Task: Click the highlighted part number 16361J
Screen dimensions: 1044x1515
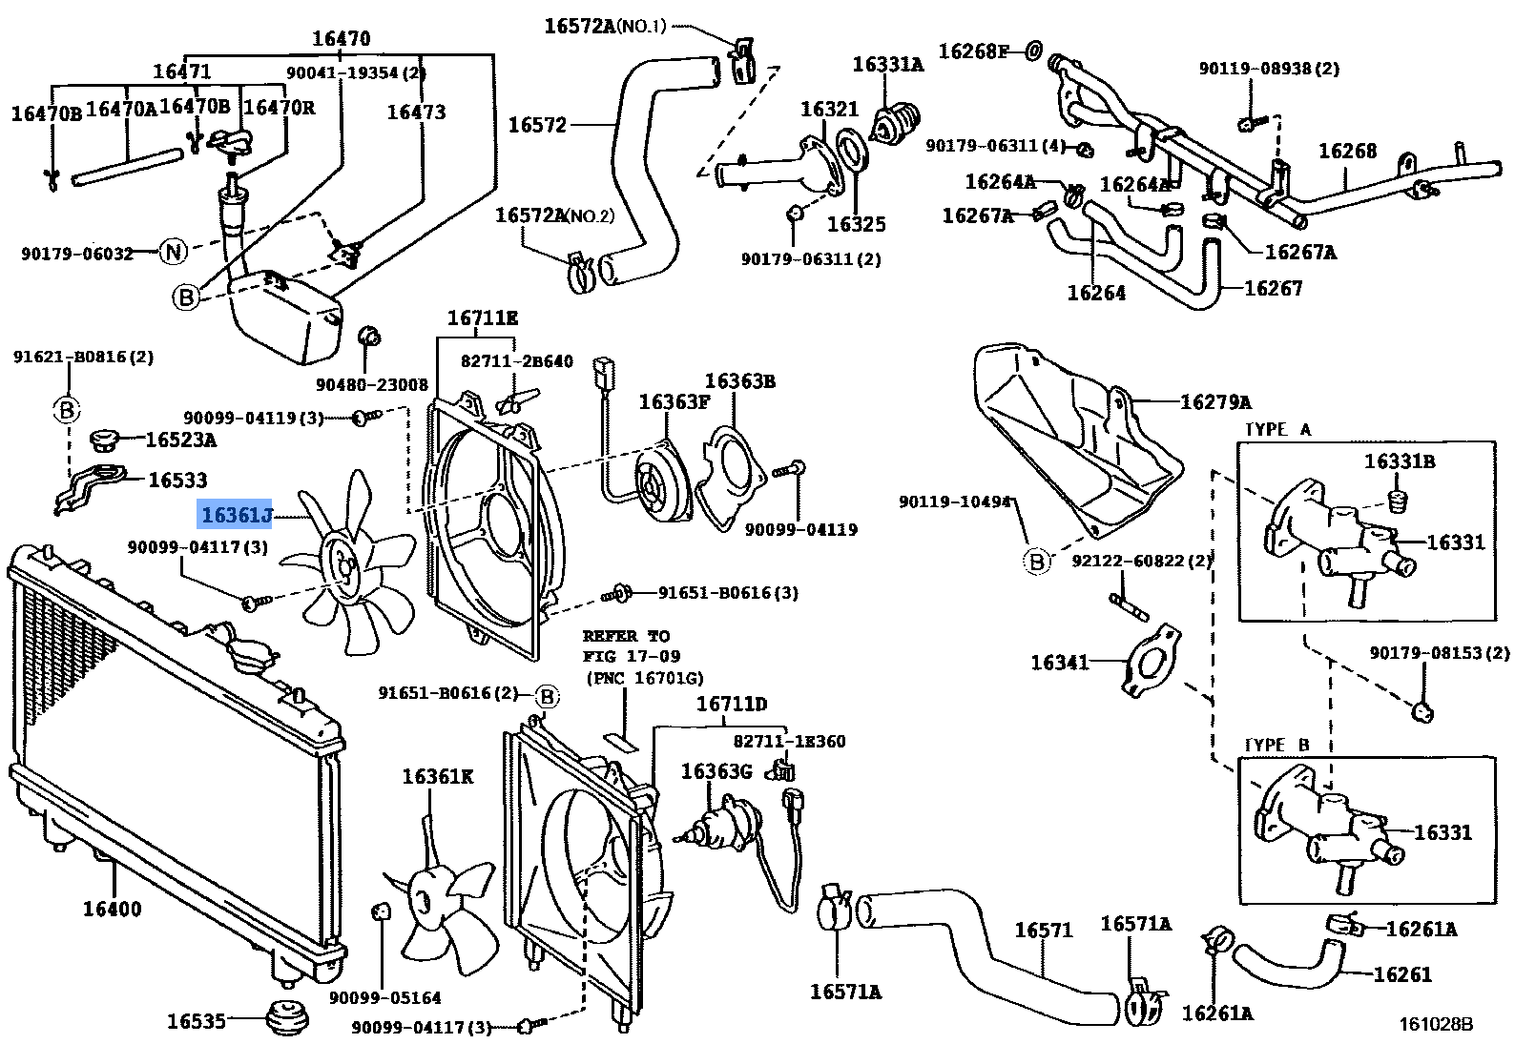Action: point(236,516)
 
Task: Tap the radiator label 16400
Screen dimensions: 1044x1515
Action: point(112,909)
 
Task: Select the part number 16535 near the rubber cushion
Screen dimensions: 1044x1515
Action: point(197,1021)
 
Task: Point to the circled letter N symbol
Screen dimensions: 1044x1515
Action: point(173,252)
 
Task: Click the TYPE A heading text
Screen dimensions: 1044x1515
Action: point(1277,430)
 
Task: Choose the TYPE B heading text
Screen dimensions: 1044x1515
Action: point(1276,745)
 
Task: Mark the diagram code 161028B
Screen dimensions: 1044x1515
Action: point(1436,1024)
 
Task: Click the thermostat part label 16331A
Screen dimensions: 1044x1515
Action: point(887,65)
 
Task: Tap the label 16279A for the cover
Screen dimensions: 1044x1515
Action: point(1215,402)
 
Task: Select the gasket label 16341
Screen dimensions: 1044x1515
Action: point(1059,662)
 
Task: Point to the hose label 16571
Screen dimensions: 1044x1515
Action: point(1043,930)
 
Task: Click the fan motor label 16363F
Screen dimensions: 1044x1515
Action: point(674,402)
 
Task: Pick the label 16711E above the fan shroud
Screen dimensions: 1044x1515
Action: point(483,318)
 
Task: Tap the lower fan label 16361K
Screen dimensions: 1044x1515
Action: point(437,777)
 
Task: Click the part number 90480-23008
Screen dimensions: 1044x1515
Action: point(372,384)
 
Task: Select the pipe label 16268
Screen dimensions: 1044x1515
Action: point(1347,151)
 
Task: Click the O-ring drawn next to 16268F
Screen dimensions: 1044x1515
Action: point(1033,51)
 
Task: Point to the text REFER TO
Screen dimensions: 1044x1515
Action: point(626,636)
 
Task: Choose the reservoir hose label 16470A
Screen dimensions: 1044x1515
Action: point(121,110)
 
